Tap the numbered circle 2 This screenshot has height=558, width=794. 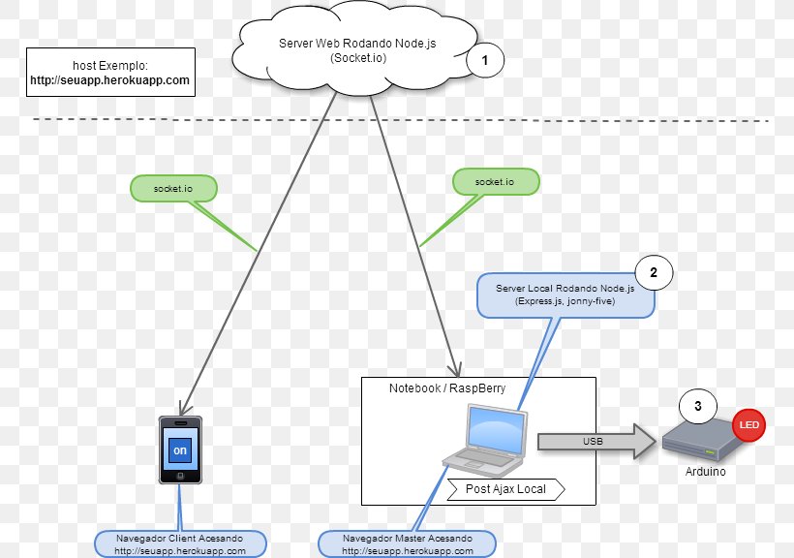654,273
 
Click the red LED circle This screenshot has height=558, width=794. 748,424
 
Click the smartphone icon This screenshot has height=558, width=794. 181,449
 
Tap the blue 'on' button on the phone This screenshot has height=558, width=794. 180,451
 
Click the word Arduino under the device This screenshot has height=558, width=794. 704,473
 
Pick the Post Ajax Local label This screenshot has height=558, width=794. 505,489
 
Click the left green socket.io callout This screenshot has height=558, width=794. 173,187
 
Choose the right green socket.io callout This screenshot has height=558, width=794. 496,181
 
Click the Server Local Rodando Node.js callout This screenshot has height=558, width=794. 565,295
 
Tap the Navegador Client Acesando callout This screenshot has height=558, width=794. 180,543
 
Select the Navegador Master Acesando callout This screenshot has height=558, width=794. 408,543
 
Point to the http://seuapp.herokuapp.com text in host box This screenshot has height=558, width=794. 109,81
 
